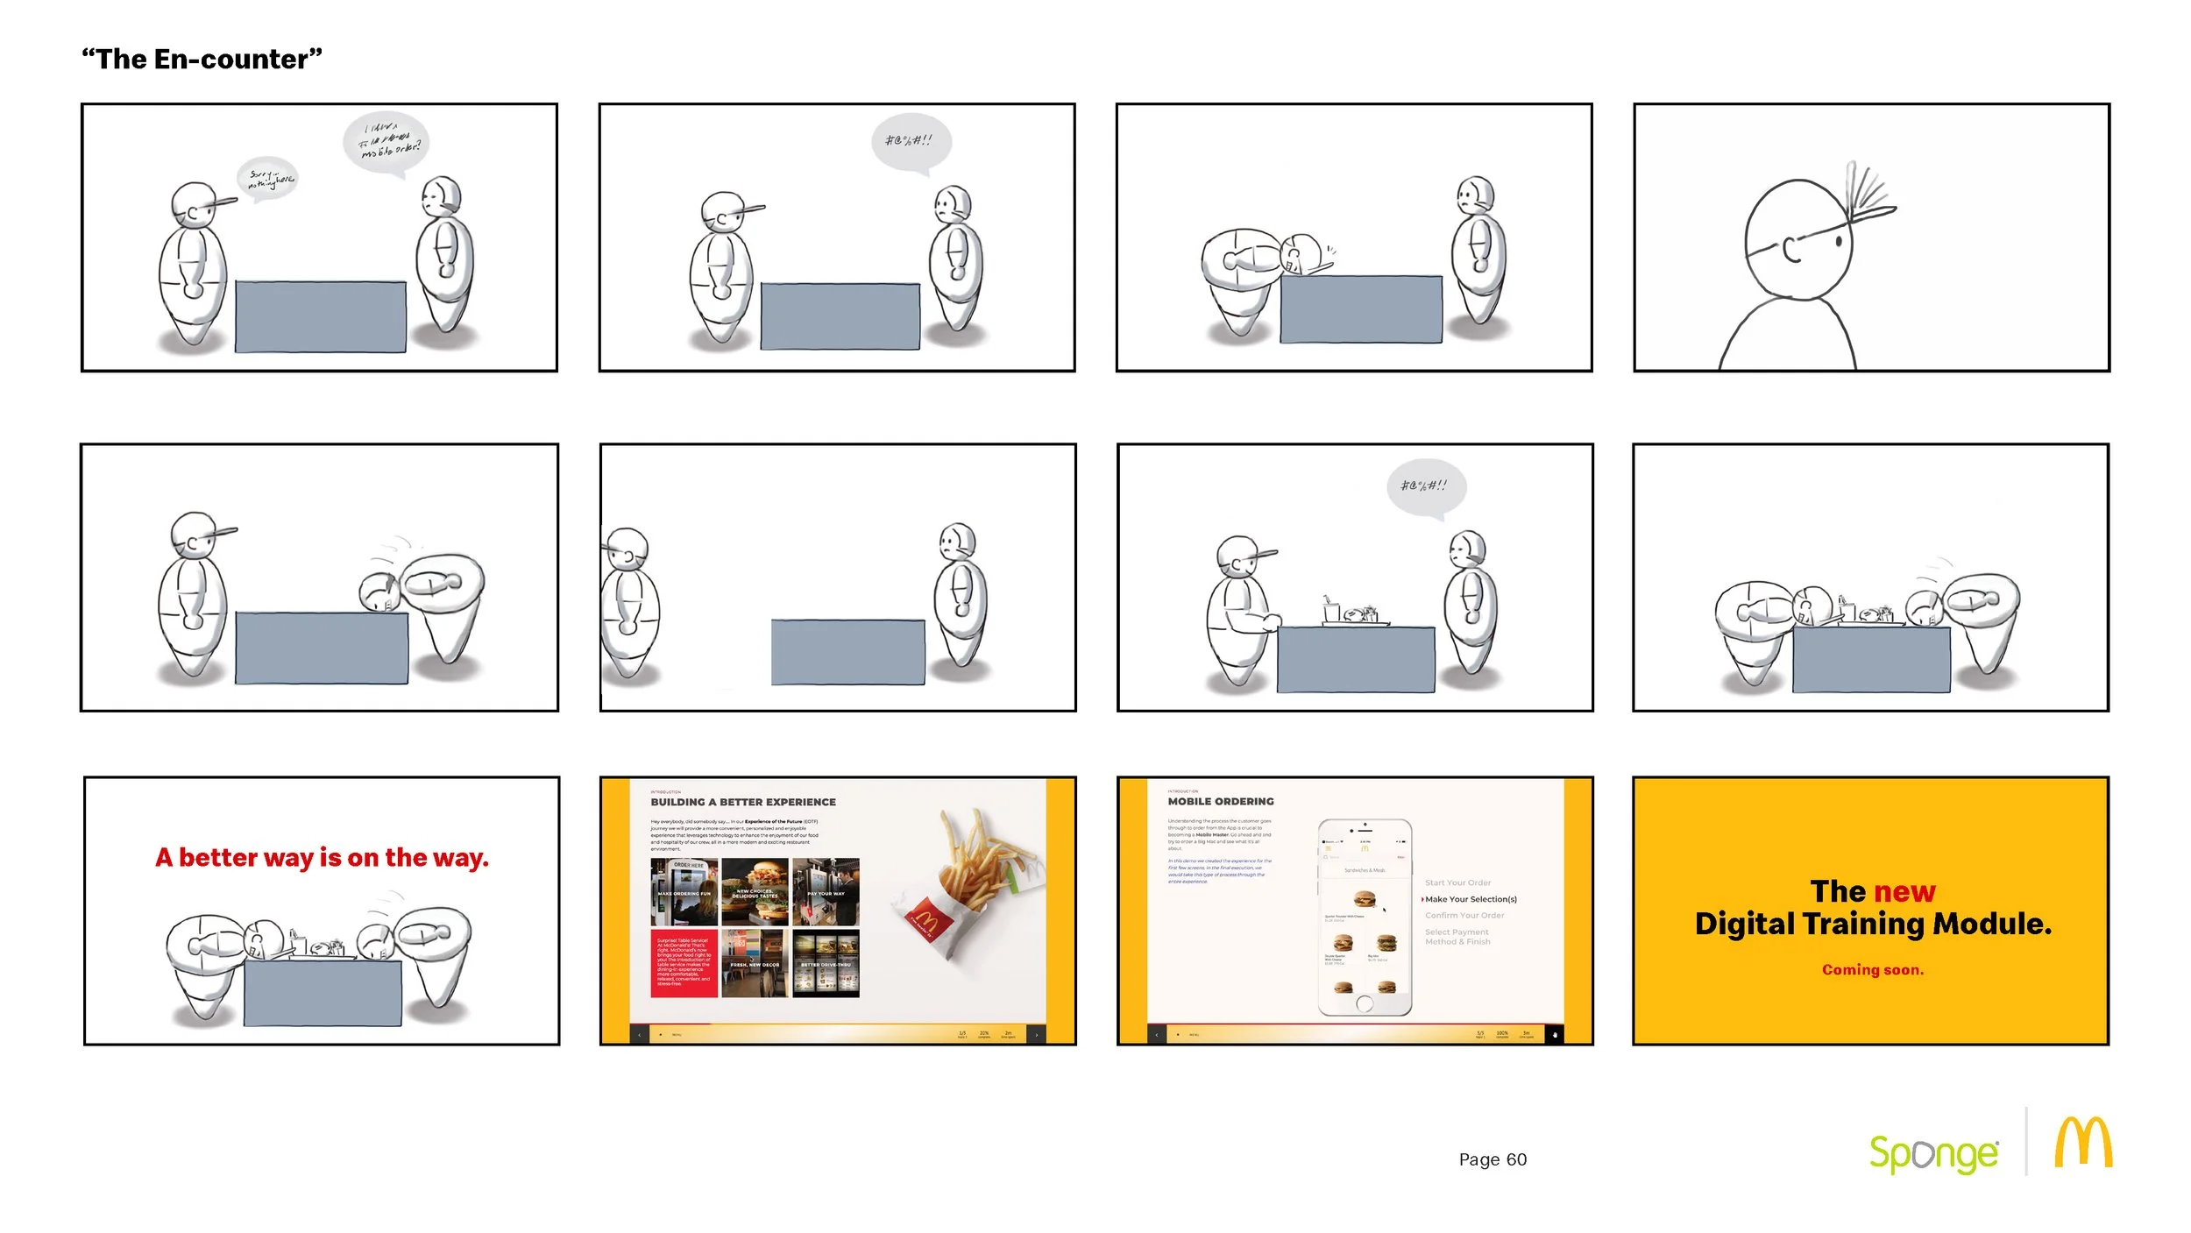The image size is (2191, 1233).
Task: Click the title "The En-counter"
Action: click(202, 60)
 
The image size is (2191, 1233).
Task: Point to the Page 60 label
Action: click(1492, 1159)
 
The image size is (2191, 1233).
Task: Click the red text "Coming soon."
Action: click(1872, 970)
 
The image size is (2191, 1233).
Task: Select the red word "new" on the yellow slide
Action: click(1904, 891)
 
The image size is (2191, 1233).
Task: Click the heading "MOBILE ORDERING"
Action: click(1220, 801)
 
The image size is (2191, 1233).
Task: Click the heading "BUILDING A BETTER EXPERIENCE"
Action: click(742, 802)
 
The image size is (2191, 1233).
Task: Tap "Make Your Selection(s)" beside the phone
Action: click(1470, 899)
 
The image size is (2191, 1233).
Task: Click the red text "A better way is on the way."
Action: click(322, 857)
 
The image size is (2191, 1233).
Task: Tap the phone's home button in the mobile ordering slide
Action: click(1364, 1004)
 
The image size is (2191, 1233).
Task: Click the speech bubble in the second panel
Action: click(911, 141)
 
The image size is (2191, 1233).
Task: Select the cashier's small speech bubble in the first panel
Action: click(268, 179)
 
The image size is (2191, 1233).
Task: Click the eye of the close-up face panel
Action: click(1839, 239)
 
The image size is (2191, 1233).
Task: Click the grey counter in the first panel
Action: click(320, 316)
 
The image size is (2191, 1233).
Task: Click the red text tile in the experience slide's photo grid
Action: click(684, 963)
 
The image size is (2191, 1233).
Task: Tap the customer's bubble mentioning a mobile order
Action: click(385, 142)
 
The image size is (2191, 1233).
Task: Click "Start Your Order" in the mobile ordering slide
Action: click(1457, 882)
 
